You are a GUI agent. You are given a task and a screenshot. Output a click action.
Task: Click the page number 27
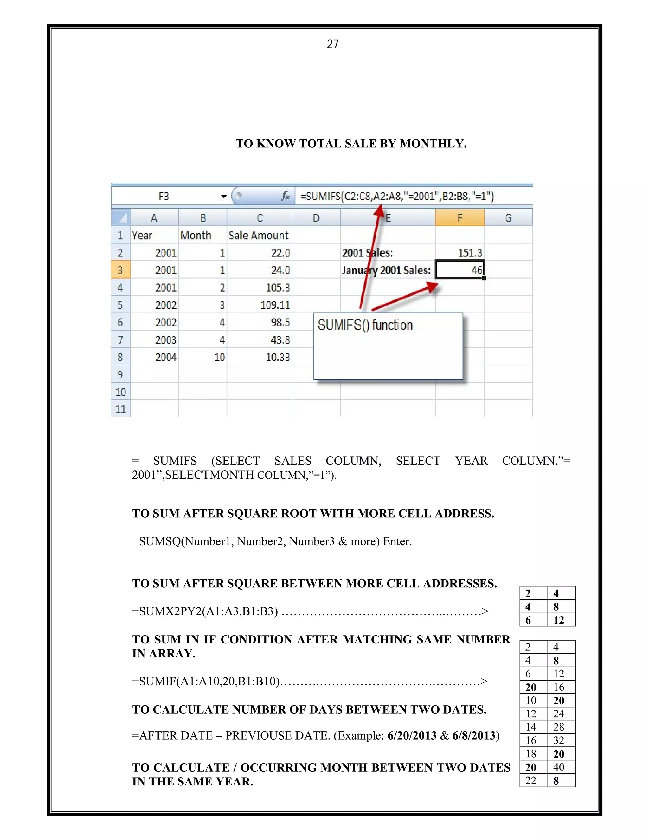(x=332, y=44)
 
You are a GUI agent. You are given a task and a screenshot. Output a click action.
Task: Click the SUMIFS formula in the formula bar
(x=397, y=197)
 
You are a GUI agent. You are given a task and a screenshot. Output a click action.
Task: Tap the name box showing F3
(x=164, y=197)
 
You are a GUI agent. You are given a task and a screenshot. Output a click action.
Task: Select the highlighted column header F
(x=459, y=218)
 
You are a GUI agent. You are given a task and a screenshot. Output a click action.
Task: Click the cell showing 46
(x=460, y=270)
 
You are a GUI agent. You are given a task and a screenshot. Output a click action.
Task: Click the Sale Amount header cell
(x=258, y=236)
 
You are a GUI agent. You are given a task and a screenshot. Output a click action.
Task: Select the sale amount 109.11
(x=275, y=305)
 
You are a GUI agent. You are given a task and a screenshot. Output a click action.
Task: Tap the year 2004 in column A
(x=166, y=357)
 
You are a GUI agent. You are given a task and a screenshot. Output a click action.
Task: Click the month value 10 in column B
(x=220, y=357)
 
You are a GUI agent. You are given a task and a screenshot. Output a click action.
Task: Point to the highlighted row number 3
(x=120, y=270)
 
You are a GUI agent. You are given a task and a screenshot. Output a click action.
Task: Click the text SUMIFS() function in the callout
(x=365, y=325)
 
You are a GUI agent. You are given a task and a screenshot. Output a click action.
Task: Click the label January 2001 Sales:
(x=386, y=270)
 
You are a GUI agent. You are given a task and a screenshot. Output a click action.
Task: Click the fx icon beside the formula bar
(x=285, y=196)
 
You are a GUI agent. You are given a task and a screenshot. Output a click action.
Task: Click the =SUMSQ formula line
(x=272, y=541)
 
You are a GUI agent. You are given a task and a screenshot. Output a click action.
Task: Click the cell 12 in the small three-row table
(x=559, y=620)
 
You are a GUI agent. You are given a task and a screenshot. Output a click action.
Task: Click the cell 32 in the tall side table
(x=559, y=740)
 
